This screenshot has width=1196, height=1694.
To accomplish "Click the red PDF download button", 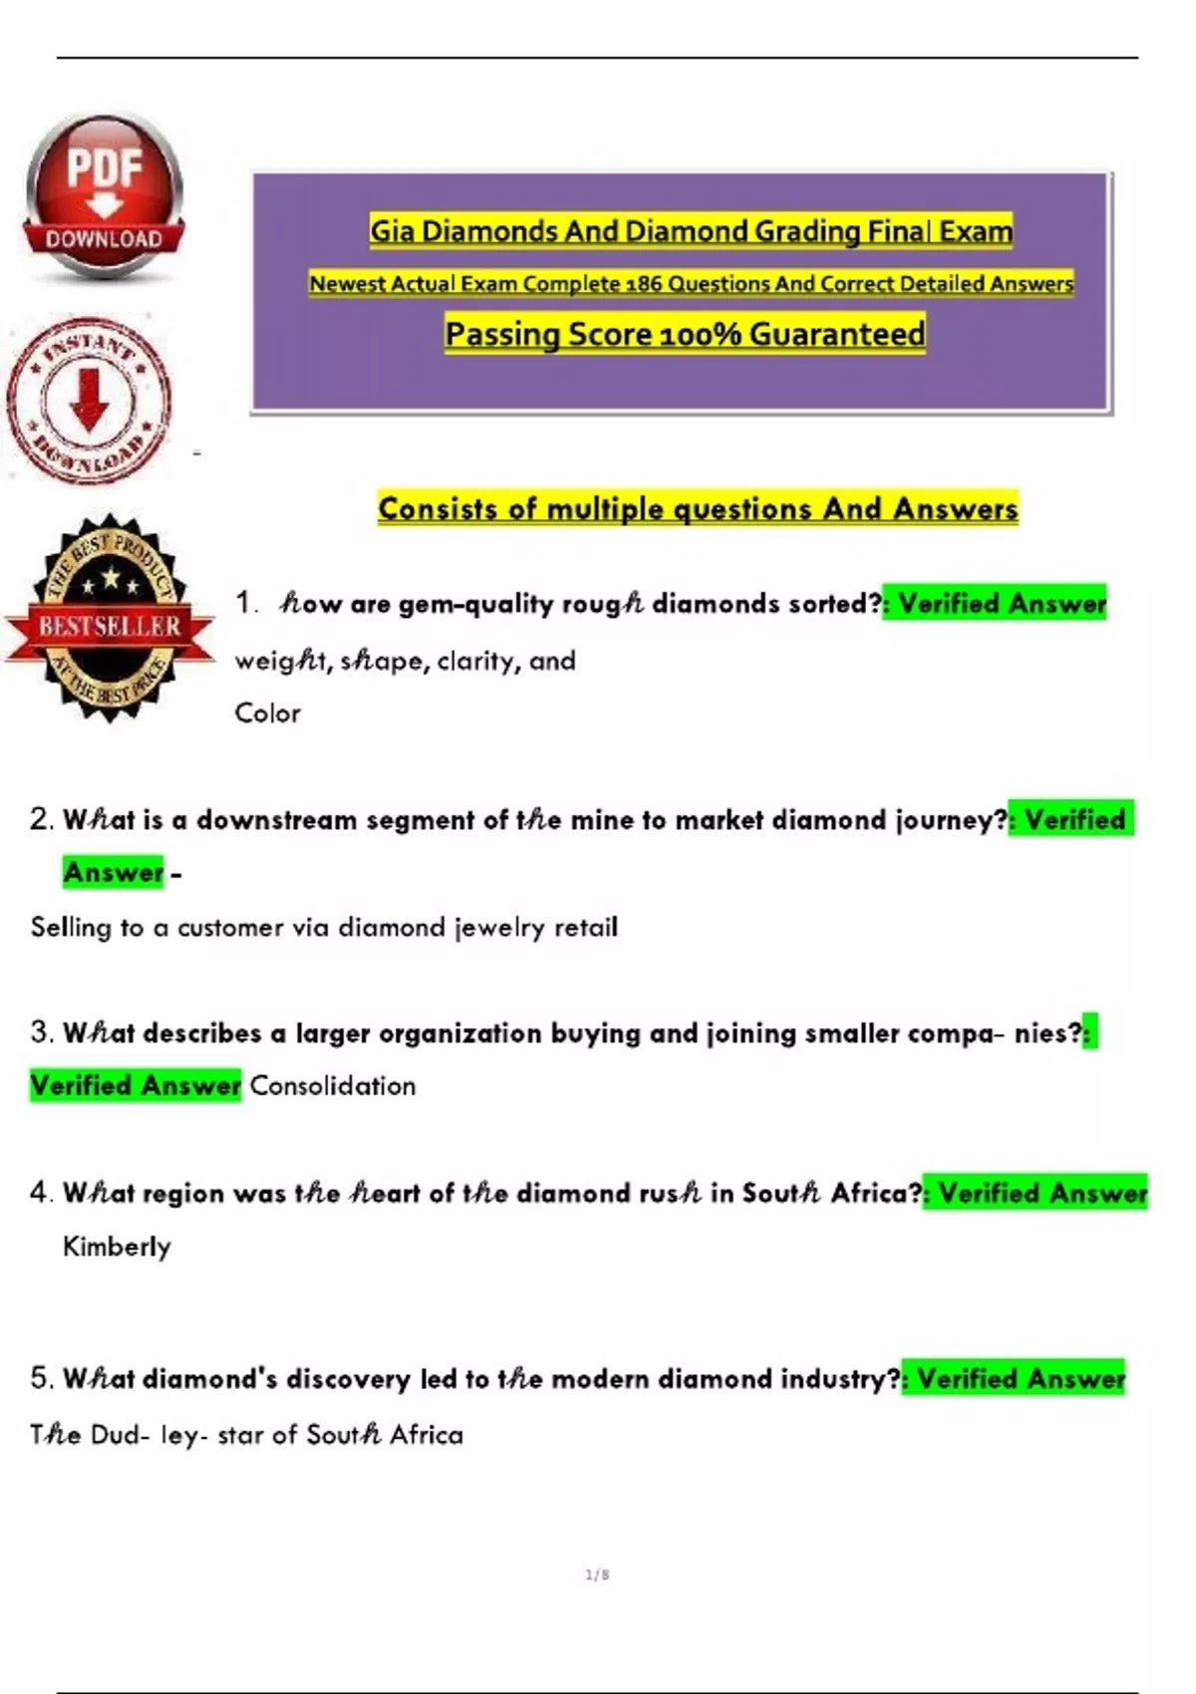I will click(104, 195).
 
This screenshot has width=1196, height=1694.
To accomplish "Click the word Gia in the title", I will click(393, 232).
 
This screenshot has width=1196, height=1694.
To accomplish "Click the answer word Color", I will click(267, 713).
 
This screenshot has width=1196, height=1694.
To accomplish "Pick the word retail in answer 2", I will click(586, 928).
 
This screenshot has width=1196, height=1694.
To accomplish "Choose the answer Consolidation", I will click(332, 1086).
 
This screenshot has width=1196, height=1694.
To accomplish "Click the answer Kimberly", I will click(117, 1247).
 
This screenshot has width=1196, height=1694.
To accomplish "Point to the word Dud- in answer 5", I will click(121, 1435).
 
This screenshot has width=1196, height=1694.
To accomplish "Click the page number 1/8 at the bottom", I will click(598, 1575).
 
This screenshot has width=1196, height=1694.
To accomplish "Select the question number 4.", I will click(40, 1193).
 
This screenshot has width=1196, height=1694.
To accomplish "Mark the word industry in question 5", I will click(840, 1379).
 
